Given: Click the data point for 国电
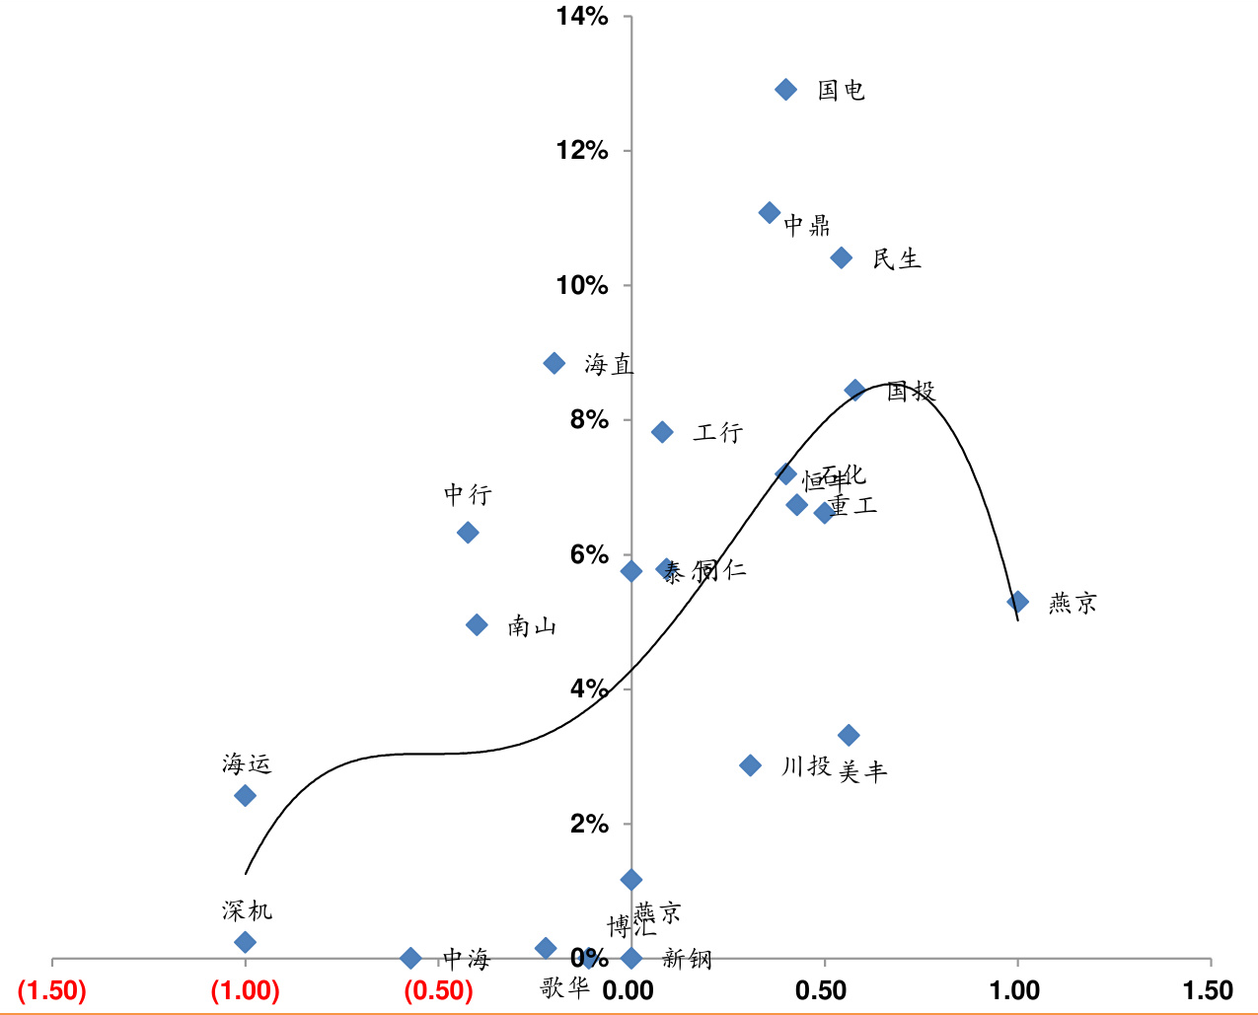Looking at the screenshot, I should point(785,90).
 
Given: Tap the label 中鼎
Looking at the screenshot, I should point(806,226).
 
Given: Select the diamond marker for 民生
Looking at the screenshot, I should point(841,257).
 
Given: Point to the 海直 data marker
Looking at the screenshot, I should point(554,363).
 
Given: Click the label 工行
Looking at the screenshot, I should point(717,432).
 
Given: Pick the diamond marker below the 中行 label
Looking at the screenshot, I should point(468,533).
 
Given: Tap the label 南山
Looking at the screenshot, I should point(532,626).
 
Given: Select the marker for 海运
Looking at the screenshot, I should point(245,795).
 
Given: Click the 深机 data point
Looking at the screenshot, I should point(245,942).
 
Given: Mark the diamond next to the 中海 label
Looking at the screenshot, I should point(410,958).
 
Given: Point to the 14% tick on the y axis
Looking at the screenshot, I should point(582,16).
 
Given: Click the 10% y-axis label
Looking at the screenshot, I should point(582,285).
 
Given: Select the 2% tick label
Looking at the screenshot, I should point(589,824).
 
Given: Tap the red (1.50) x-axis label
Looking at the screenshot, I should point(52,990).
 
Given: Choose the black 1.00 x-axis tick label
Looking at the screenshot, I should point(1014,990).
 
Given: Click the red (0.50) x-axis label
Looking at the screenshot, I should point(438,990).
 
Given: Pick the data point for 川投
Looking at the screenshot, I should point(750,765).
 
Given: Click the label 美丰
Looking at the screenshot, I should point(862,771).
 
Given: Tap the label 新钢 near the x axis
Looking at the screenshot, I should point(687,958).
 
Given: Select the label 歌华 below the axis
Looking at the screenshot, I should point(564,986).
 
